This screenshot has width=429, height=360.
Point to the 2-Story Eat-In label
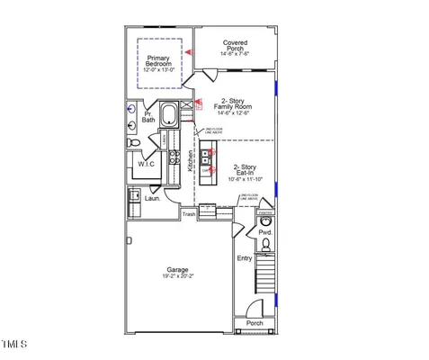tap(248, 173)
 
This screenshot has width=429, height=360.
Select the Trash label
tap(189, 214)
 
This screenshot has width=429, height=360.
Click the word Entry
tap(245, 258)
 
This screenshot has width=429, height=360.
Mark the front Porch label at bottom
tap(255, 324)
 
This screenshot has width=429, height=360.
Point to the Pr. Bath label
tap(147, 117)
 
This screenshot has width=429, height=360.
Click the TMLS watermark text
tap(14, 345)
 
